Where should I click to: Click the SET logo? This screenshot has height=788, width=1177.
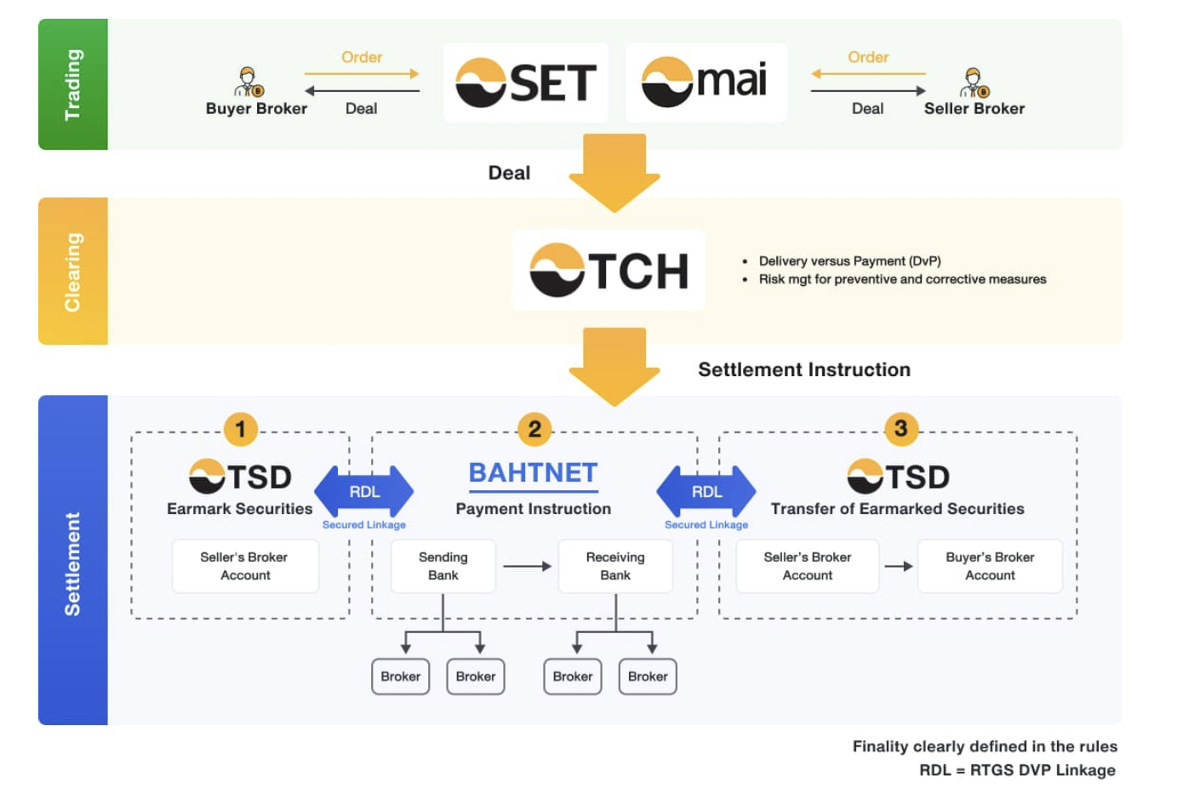pos(525,83)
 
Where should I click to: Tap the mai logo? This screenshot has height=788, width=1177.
pos(706,83)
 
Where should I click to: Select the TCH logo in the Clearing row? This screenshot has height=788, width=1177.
pos(608,271)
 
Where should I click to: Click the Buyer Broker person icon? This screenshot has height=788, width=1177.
pos(249,83)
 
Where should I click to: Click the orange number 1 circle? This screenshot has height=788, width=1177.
pos(241,429)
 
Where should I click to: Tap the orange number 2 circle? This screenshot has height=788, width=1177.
pos(534,429)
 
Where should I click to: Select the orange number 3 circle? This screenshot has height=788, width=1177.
pos(900,429)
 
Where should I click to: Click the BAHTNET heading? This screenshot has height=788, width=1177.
pos(534,473)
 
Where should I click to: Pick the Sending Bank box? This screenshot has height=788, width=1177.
pos(443,566)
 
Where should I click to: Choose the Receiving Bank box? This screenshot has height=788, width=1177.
pos(615,566)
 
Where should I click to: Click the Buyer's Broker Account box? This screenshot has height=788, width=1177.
pos(990,566)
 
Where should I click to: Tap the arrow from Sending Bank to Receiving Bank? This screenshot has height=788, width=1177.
pos(527,566)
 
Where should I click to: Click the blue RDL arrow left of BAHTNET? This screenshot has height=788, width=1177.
pos(364,492)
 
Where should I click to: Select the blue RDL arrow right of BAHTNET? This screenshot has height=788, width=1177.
pos(706,492)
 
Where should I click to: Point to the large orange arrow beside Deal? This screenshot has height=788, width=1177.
pos(614,171)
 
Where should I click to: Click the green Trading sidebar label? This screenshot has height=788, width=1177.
pos(73,84)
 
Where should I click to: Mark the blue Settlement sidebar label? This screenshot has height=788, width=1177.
pos(73,562)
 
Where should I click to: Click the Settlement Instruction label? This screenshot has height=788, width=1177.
pos(804,369)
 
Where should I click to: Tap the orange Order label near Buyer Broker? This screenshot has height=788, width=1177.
pos(362,57)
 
